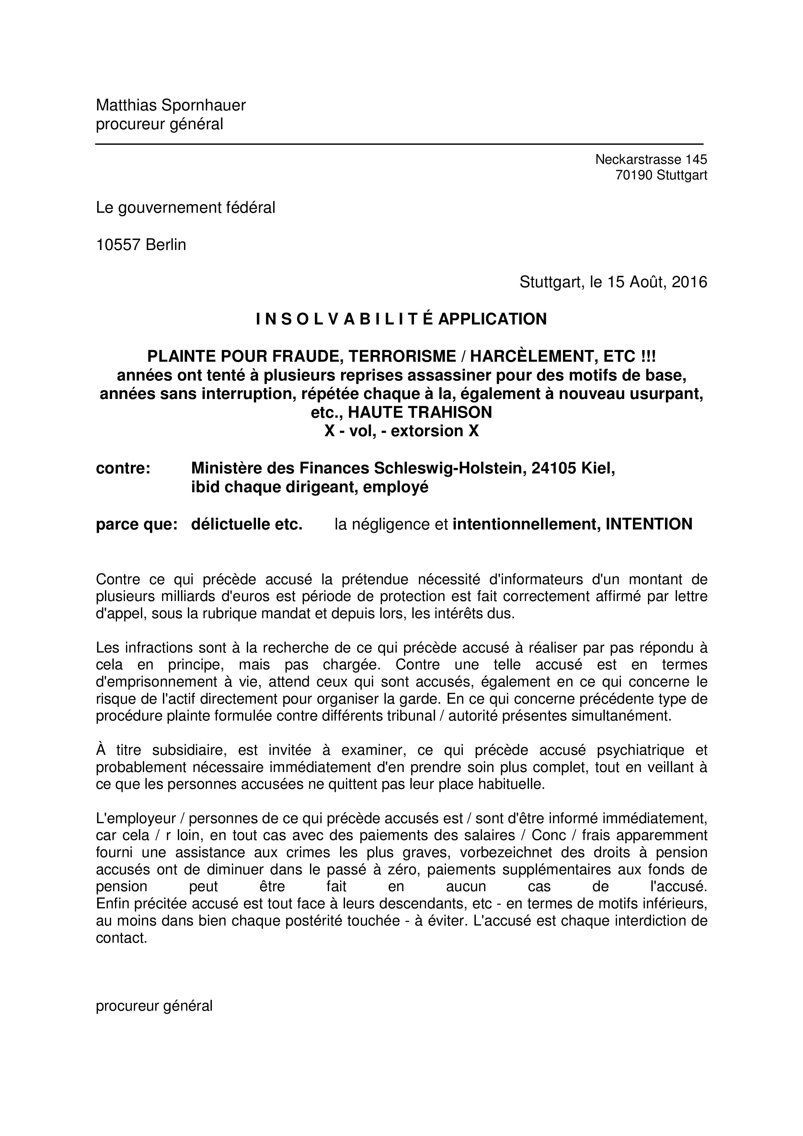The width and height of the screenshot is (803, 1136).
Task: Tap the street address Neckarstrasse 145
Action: (651, 159)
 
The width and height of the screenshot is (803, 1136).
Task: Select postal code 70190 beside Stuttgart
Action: (634, 175)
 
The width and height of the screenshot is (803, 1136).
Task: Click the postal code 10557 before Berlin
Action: (118, 245)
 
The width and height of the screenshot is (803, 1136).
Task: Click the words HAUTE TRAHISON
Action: (420, 412)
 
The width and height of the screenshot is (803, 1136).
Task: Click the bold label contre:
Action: (123, 468)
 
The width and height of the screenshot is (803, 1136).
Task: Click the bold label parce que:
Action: (137, 524)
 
